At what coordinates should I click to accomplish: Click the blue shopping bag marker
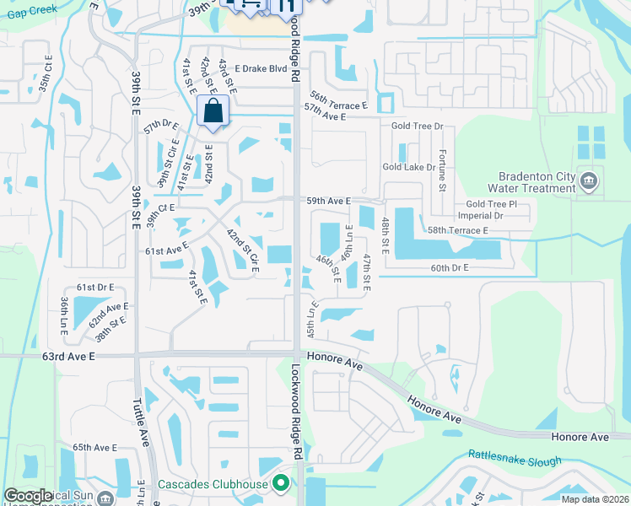pos(213,111)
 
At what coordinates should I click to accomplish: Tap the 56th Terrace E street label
pos(339,97)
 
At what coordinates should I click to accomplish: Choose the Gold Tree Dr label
pos(417,126)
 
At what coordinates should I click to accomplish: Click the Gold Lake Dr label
pos(409,167)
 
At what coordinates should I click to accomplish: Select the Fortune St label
pos(441,170)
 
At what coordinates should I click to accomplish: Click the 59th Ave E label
pos(328,201)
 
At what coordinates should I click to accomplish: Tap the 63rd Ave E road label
pos(72,357)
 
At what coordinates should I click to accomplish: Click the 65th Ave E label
pos(94,447)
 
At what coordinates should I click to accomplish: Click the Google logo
pos(28,496)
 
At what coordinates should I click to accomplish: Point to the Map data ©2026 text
pos(595,499)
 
